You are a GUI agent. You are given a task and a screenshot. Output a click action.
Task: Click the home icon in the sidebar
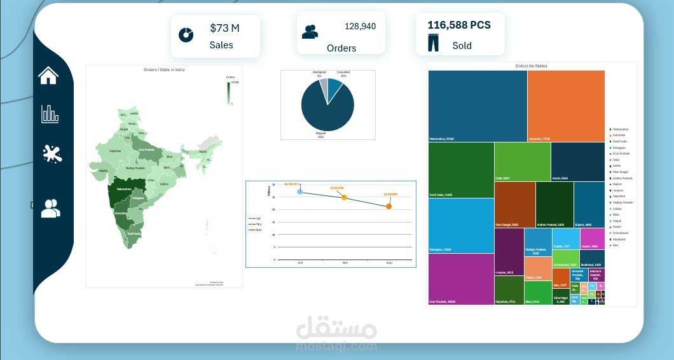coord(48,75)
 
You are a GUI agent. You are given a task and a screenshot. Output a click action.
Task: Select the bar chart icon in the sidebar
coord(50,114)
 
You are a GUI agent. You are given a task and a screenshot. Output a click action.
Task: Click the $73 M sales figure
coord(224,28)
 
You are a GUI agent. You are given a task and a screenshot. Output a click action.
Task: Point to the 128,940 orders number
coord(360,26)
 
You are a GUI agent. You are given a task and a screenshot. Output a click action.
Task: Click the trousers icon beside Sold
coord(433,43)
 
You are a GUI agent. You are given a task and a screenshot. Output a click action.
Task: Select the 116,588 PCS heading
coord(458,25)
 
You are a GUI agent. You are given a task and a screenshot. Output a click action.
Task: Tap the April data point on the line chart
coord(300,191)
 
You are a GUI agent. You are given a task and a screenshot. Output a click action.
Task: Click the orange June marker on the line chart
coord(389,206)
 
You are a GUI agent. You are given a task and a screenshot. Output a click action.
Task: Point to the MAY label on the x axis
coord(345,263)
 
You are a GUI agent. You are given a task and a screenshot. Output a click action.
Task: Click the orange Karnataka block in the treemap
coord(565,105)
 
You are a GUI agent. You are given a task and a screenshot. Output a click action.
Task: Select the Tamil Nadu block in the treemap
coord(461,169)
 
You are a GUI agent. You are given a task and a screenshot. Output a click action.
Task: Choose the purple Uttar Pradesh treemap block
coord(460,279)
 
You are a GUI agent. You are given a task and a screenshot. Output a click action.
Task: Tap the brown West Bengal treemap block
coord(514,204)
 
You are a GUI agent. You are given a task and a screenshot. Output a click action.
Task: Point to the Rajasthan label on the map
coord(115,151)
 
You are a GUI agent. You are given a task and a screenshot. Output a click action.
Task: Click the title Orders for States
coord(531,66)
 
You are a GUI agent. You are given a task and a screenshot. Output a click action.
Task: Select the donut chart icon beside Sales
coord(186,34)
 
